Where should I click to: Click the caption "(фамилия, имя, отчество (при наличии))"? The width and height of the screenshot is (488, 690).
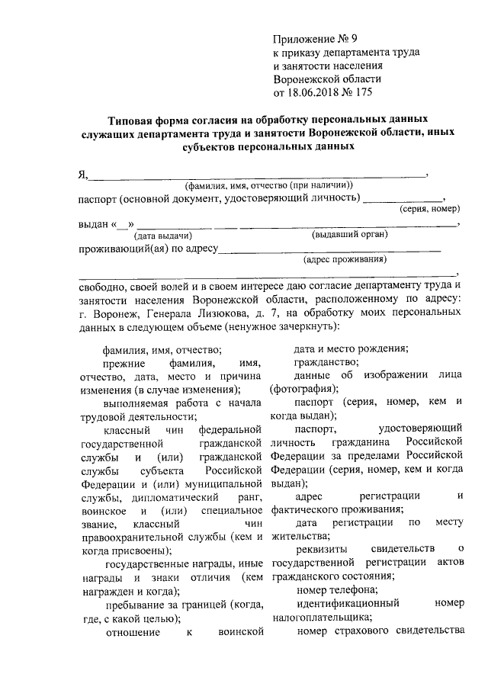[268, 186]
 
